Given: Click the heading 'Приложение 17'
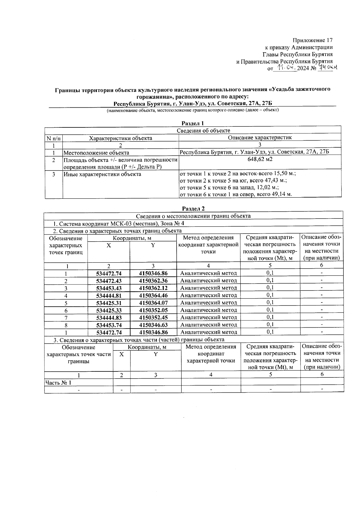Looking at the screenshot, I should [313, 40].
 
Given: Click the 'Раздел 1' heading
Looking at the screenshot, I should [193, 123].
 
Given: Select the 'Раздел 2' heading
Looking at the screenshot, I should [193, 209].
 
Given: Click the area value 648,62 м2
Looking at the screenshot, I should [260, 159].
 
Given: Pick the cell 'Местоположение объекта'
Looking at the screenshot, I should [96, 153].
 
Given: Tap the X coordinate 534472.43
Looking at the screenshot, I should [109, 281].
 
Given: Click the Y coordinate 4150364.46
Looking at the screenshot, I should [153, 296].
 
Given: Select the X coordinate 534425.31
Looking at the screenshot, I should [109, 303].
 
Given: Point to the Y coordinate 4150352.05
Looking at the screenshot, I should [153, 310].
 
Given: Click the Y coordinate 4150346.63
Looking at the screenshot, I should [153, 325].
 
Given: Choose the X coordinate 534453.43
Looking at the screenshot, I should [109, 288].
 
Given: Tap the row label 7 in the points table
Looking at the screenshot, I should [66, 318].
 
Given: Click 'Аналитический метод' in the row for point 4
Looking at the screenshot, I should [208, 296].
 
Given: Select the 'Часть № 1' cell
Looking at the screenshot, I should [58, 383].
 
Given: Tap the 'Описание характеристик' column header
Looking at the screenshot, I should [260, 138].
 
